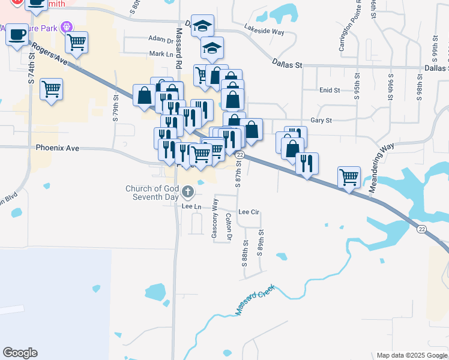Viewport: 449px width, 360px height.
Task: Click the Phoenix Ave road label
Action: (58, 148)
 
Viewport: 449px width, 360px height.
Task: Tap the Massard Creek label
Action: (255, 300)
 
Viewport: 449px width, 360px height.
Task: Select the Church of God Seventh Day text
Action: (152, 193)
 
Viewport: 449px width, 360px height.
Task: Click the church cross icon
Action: (188, 192)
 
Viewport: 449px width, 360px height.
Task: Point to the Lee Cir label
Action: (249, 212)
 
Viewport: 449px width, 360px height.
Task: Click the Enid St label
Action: (330, 90)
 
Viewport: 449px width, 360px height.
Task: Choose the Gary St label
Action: (321, 121)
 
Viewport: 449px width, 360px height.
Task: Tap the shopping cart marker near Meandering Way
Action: (349, 176)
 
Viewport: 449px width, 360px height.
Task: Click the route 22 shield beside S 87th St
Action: (239, 155)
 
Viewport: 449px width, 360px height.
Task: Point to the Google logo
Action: (20, 353)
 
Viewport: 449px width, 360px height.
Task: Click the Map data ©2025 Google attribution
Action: (412, 355)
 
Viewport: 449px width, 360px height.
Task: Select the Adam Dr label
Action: (161, 39)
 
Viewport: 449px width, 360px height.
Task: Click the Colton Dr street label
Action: (229, 227)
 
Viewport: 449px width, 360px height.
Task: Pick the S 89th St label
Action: (260, 243)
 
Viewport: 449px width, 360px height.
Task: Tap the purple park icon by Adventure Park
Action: (67, 26)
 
